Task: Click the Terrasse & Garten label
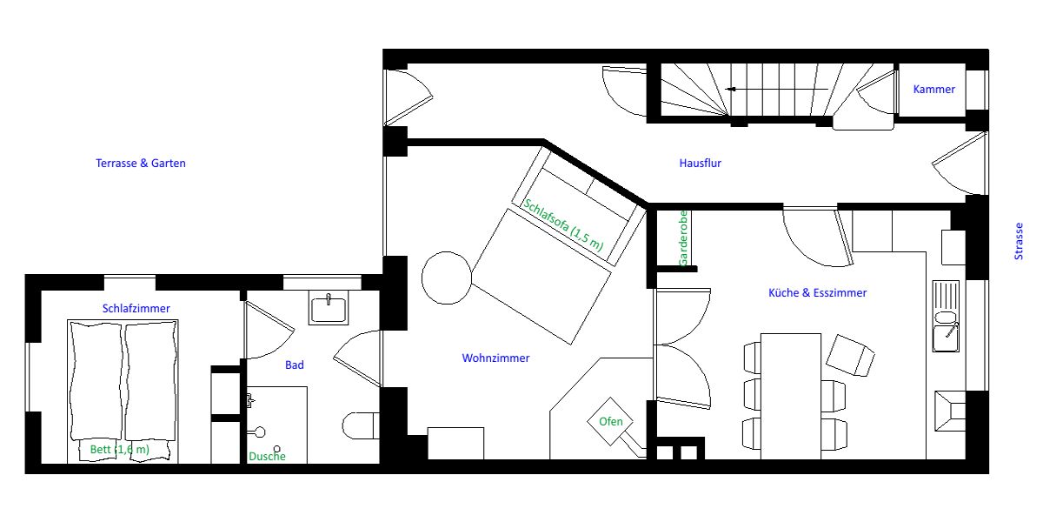tap(141, 164)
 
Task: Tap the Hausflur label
tap(700, 164)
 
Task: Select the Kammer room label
tap(933, 89)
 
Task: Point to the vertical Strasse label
tap(1019, 241)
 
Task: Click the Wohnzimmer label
tap(495, 358)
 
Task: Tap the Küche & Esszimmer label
tap(817, 292)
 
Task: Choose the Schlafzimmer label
tap(136, 308)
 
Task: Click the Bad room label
tap(295, 365)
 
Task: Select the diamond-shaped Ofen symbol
tap(610, 421)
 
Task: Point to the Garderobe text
tap(683, 238)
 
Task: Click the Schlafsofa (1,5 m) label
tap(563, 224)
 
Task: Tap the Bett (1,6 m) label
tap(120, 449)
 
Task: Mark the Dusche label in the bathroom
tap(267, 456)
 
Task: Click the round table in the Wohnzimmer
tap(447, 278)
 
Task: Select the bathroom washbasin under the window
tap(329, 308)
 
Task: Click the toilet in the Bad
tap(361, 425)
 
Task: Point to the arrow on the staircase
tap(777, 89)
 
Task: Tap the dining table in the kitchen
tap(791, 396)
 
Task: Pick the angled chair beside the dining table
tap(850, 355)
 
